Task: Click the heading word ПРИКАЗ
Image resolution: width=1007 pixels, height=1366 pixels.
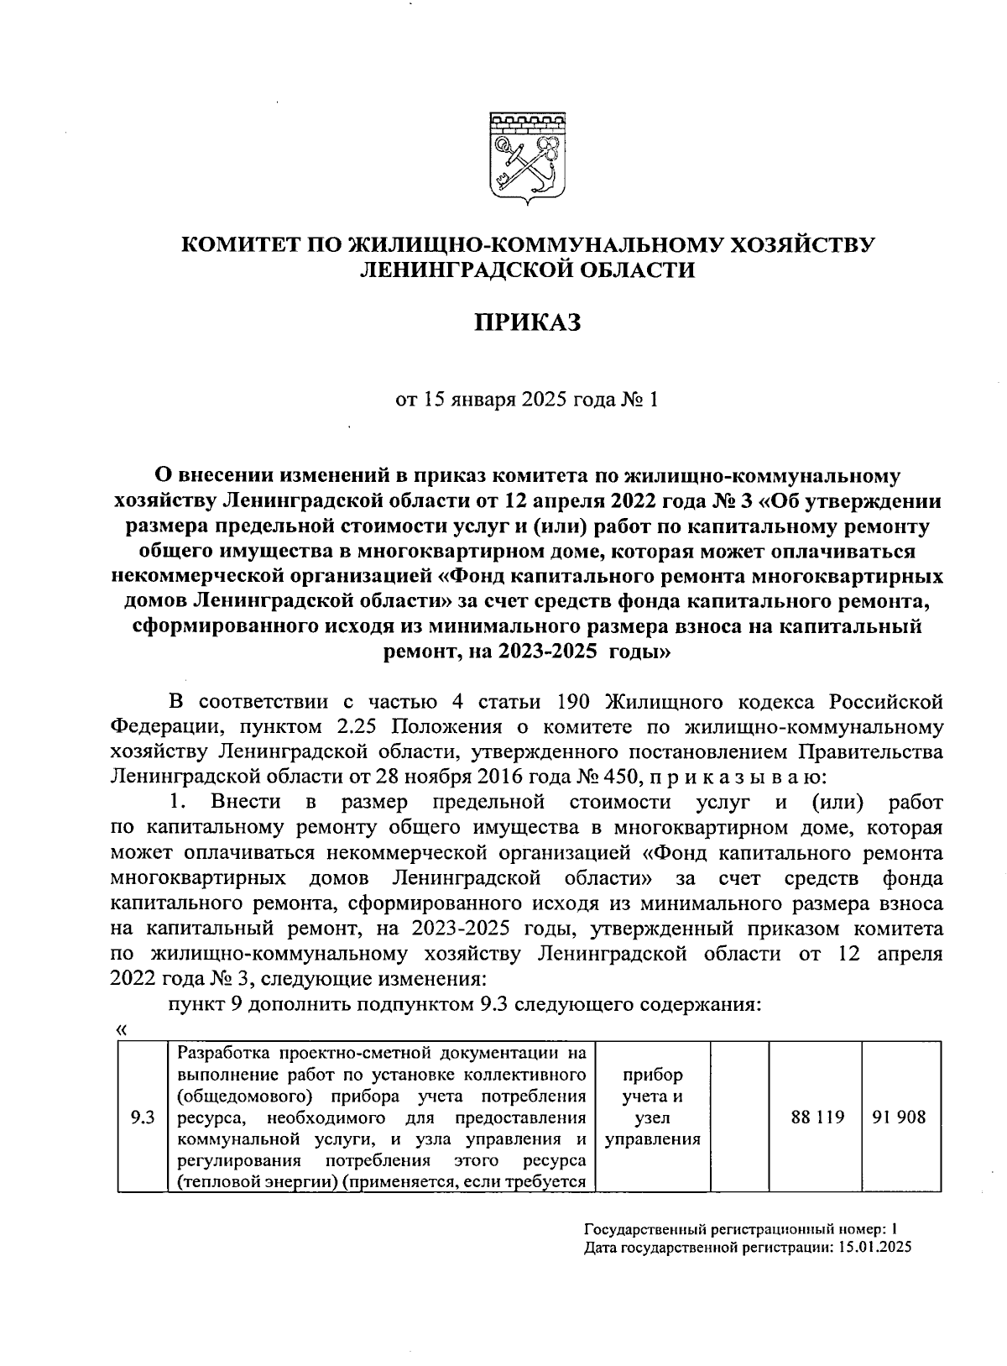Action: tap(529, 323)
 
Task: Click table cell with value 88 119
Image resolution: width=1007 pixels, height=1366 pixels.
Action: tap(817, 1117)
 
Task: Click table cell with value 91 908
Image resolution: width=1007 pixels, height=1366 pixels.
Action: tap(899, 1117)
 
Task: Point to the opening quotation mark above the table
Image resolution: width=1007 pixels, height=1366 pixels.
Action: tap(122, 1029)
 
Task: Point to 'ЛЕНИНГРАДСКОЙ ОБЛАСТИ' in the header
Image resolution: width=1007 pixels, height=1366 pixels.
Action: tap(528, 270)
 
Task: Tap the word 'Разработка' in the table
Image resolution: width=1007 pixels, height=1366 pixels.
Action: tap(219, 1053)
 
